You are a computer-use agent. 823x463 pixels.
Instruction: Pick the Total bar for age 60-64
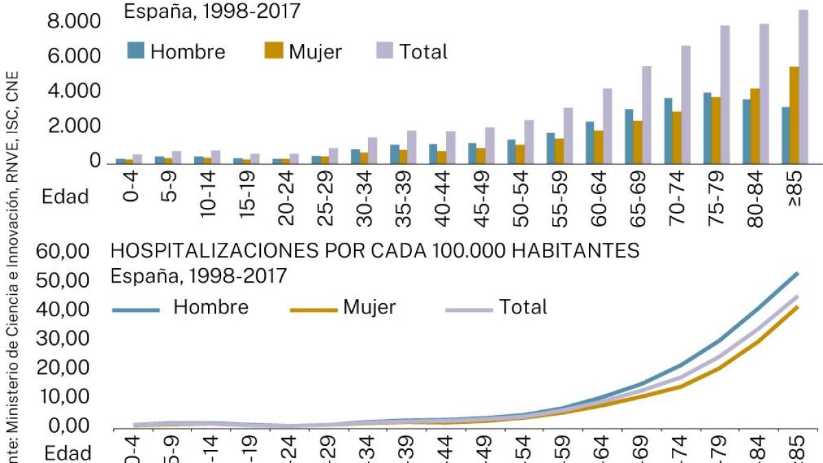pos(607,126)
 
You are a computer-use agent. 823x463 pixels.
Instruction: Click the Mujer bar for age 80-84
pos(754,126)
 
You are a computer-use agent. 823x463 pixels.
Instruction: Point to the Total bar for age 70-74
pos(685,104)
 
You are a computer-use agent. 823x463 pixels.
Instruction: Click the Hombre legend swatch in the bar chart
pos(136,50)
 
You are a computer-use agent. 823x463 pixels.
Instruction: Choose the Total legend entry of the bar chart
pos(423,51)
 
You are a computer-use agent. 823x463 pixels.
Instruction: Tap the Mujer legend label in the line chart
pos(369,307)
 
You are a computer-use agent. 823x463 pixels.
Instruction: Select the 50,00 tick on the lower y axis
pos(67,281)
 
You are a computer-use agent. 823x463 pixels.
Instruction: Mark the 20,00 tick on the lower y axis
pos(67,368)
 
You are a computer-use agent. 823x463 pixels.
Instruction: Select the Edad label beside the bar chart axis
pos(65,197)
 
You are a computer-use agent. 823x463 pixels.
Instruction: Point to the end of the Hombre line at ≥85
pos(797,273)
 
